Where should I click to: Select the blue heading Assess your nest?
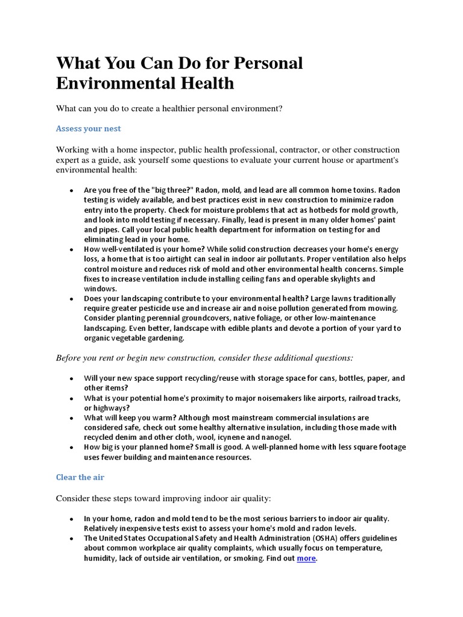pos(88,128)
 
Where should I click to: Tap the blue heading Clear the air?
pos(80,477)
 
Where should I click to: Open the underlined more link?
pos(306,559)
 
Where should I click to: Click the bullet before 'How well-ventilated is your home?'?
pos(71,249)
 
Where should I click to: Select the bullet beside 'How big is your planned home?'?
pos(71,447)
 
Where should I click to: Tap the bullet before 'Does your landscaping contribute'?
pos(71,298)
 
